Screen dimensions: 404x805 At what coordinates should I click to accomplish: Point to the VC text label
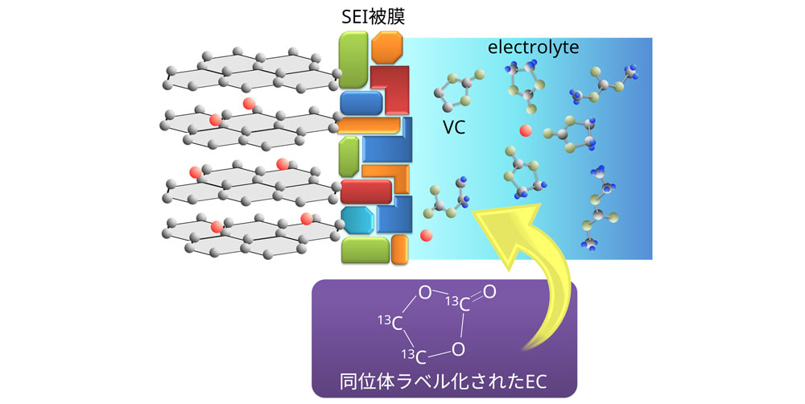pos(454,126)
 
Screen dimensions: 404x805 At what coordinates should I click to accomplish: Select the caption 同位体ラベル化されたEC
pos(444,378)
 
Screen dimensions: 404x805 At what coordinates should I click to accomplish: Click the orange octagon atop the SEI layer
pos(386,47)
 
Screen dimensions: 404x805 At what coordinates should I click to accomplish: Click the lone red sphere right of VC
pos(525,131)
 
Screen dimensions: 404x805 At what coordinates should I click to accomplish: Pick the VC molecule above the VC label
pos(457,92)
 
